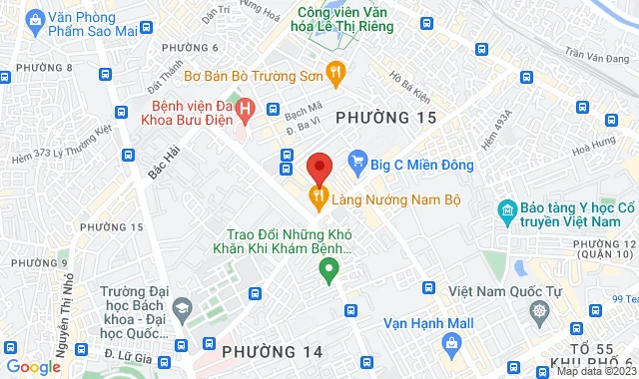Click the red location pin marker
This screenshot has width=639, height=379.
319,167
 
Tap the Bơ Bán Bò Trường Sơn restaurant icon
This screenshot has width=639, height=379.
336,71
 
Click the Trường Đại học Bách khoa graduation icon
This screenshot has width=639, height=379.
183,310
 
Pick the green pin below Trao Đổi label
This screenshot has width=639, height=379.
326,267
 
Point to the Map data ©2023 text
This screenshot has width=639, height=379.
594,371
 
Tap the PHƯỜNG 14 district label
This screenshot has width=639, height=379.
273,351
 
